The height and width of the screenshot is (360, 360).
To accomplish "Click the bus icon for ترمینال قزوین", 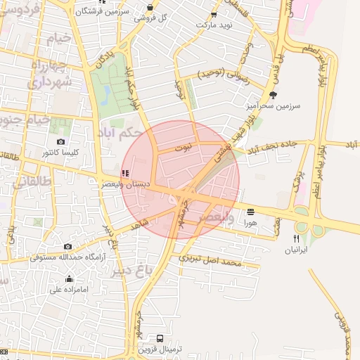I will (161, 338).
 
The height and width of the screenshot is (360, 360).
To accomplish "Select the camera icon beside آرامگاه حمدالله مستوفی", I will (68, 247).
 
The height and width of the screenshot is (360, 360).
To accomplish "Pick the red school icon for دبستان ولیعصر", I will (125, 173).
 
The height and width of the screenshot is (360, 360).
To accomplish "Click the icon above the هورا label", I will (250, 210).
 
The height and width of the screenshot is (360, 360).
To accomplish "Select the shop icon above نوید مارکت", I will (214, 13).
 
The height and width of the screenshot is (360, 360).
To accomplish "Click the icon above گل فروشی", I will (150, 7).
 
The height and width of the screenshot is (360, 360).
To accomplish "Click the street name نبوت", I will (184, 148).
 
